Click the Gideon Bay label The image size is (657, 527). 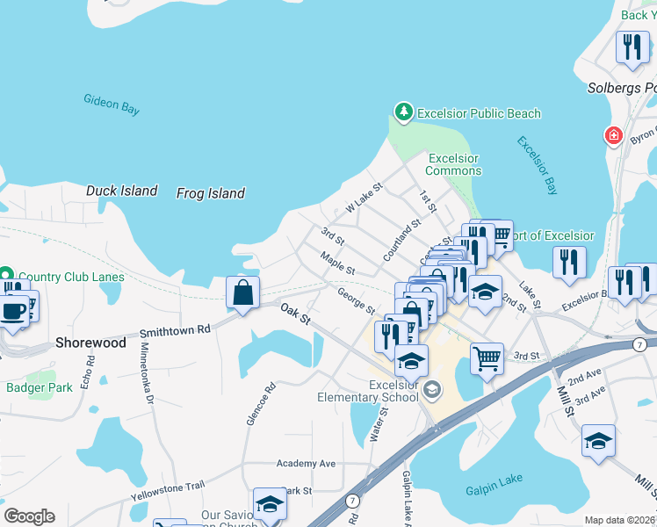click(x=112, y=105)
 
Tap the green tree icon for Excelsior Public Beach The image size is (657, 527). click(x=403, y=112)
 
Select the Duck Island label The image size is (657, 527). click(x=121, y=191)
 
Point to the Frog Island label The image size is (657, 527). click(x=210, y=193)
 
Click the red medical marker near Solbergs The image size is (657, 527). click(x=613, y=136)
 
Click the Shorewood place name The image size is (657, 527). click(x=90, y=343)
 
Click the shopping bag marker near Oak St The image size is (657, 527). click(x=243, y=292)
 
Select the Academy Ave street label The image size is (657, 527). click(x=306, y=463)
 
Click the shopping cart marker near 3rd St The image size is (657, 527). click(x=487, y=357)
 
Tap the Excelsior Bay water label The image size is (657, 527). click(x=537, y=165)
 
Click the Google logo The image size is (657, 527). click(x=28, y=516)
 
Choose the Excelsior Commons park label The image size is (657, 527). click(x=452, y=164)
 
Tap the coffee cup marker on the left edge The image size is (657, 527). click(x=11, y=313)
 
